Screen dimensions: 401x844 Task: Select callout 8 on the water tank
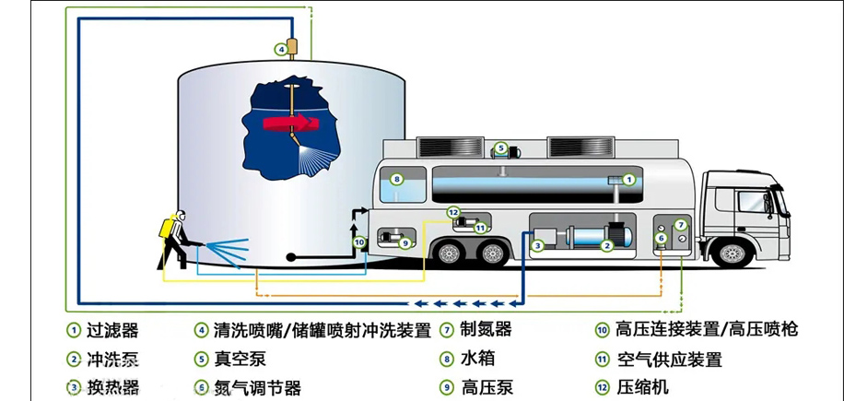396,180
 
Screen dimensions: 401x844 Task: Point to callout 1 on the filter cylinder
629,179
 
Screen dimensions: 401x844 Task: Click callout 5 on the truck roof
500,147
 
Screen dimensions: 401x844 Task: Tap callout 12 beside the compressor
452,213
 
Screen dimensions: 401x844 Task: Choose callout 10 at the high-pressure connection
360,243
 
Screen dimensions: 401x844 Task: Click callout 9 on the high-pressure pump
404,243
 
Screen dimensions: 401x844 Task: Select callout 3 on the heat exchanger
537,246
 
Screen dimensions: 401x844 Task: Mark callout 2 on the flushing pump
606,246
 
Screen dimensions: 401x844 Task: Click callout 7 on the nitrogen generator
680,225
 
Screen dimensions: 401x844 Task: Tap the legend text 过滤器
111,329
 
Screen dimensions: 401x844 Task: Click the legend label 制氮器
486,329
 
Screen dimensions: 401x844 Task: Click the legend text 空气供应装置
668,359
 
